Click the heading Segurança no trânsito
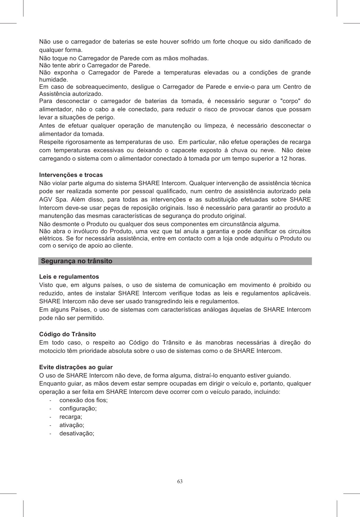(77, 261)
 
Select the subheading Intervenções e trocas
(71, 175)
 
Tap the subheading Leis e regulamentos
(69, 277)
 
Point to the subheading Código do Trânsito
(68, 334)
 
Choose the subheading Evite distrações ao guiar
(76, 367)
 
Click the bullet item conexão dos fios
(84, 400)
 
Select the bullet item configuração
(78, 408)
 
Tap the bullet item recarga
(71, 417)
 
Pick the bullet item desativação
(77, 433)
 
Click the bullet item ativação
(72, 425)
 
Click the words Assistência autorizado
(71, 94)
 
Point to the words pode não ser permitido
(72, 318)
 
